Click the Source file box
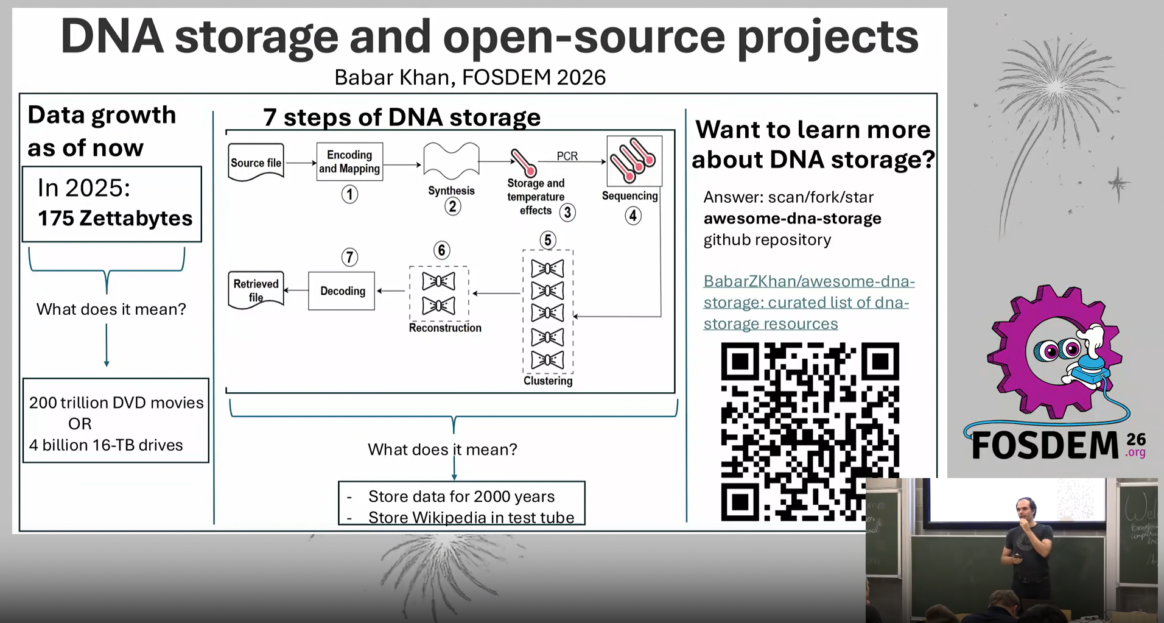point(256,163)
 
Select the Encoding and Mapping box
point(349,162)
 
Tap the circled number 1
point(349,195)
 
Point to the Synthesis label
point(451,191)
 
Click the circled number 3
point(567,213)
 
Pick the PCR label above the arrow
point(567,157)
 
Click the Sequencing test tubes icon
point(634,161)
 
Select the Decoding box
point(342,291)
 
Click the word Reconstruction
point(445,328)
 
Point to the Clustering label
point(548,381)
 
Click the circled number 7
point(349,257)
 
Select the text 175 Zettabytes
point(115,218)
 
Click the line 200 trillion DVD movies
point(116,403)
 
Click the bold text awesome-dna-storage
point(792,219)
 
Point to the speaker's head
point(1025,507)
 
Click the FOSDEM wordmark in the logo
point(1045,445)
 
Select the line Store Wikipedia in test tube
point(471,518)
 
